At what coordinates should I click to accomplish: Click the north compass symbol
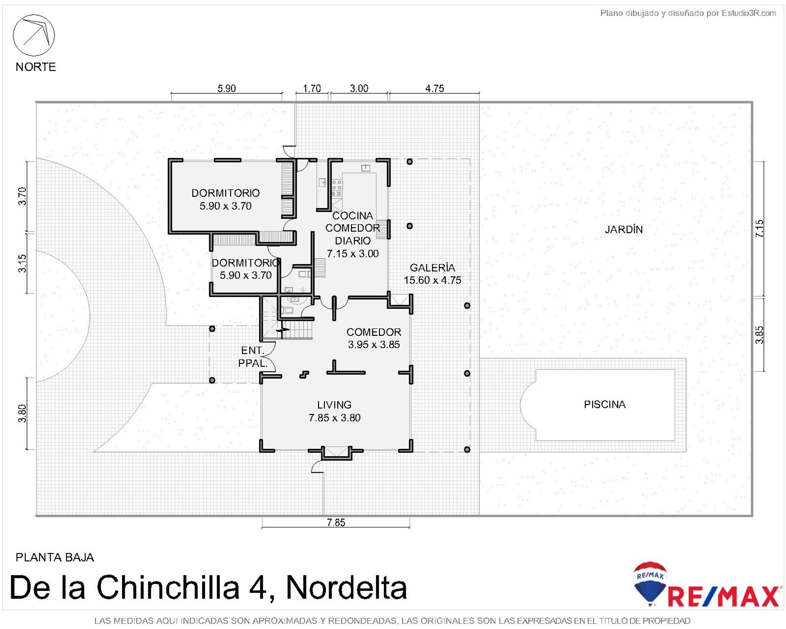(x=34, y=35)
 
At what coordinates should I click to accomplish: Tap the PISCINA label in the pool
(x=605, y=405)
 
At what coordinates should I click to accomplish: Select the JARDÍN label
(x=623, y=229)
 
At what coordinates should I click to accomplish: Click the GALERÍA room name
(x=432, y=268)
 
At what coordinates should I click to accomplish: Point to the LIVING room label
(x=334, y=405)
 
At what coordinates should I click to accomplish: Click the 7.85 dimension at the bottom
(x=336, y=523)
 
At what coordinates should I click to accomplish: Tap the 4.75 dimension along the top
(x=434, y=88)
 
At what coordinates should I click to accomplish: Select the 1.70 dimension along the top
(x=312, y=88)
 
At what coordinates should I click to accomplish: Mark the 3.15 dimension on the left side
(x=22, y=263)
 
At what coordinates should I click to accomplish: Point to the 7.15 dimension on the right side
(x=759, y=229)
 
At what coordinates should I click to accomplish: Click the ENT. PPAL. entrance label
(x=253, y=357)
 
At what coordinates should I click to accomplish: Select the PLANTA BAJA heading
(x=55, y=557)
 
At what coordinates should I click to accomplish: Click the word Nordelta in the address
(x=346, y=587)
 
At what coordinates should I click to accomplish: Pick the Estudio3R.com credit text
(x=749, y=13)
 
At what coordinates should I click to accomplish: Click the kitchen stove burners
(x=337, y=187)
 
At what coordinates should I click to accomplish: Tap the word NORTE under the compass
(x=36, y=67)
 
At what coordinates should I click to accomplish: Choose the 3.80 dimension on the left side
(x=22, y=413)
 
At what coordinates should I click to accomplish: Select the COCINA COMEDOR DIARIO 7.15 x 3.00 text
(x=352, y=235)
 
